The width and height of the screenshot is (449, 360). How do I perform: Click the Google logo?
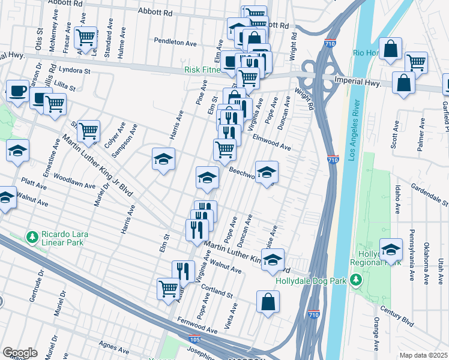pyautogui.click(x=20, y=353)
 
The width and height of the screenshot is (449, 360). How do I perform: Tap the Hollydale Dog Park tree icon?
pyautogui.click(x=356, y=280)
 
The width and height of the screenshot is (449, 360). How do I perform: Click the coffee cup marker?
pyautogui.click(x=17, y=90)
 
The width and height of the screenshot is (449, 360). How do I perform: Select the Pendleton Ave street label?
pyautogui.click(x=175, y=43)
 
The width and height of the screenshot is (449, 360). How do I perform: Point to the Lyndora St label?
pyautogui.click(x=74, y=70)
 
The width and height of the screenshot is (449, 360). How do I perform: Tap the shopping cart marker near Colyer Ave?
pyautogui.click(x=88, y=130)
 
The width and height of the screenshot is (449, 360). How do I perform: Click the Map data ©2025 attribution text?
pyautogui.click(x=424, y=355)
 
